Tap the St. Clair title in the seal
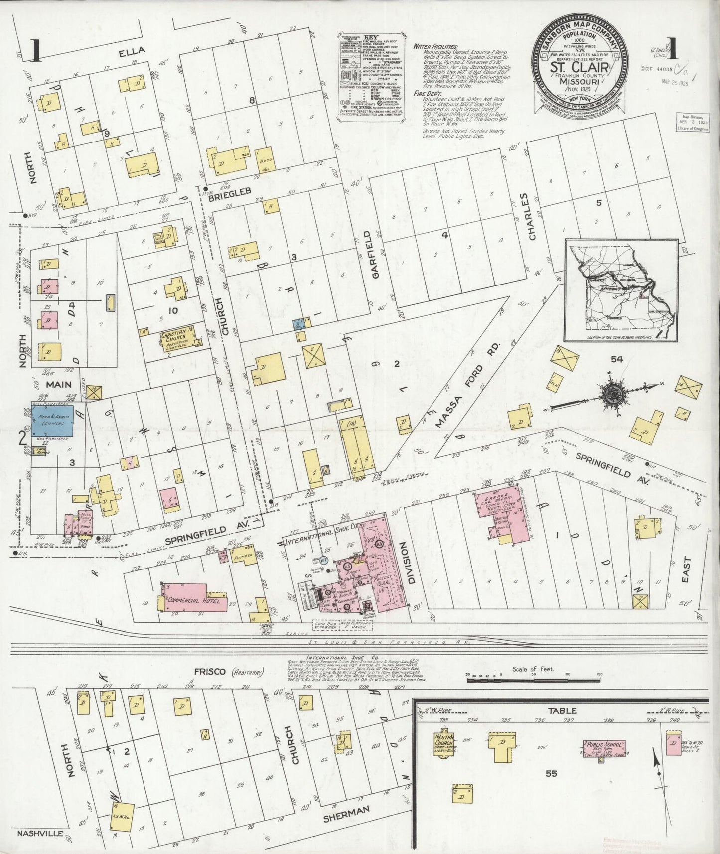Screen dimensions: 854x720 [578, 68]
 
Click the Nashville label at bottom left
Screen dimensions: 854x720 [39, 833]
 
